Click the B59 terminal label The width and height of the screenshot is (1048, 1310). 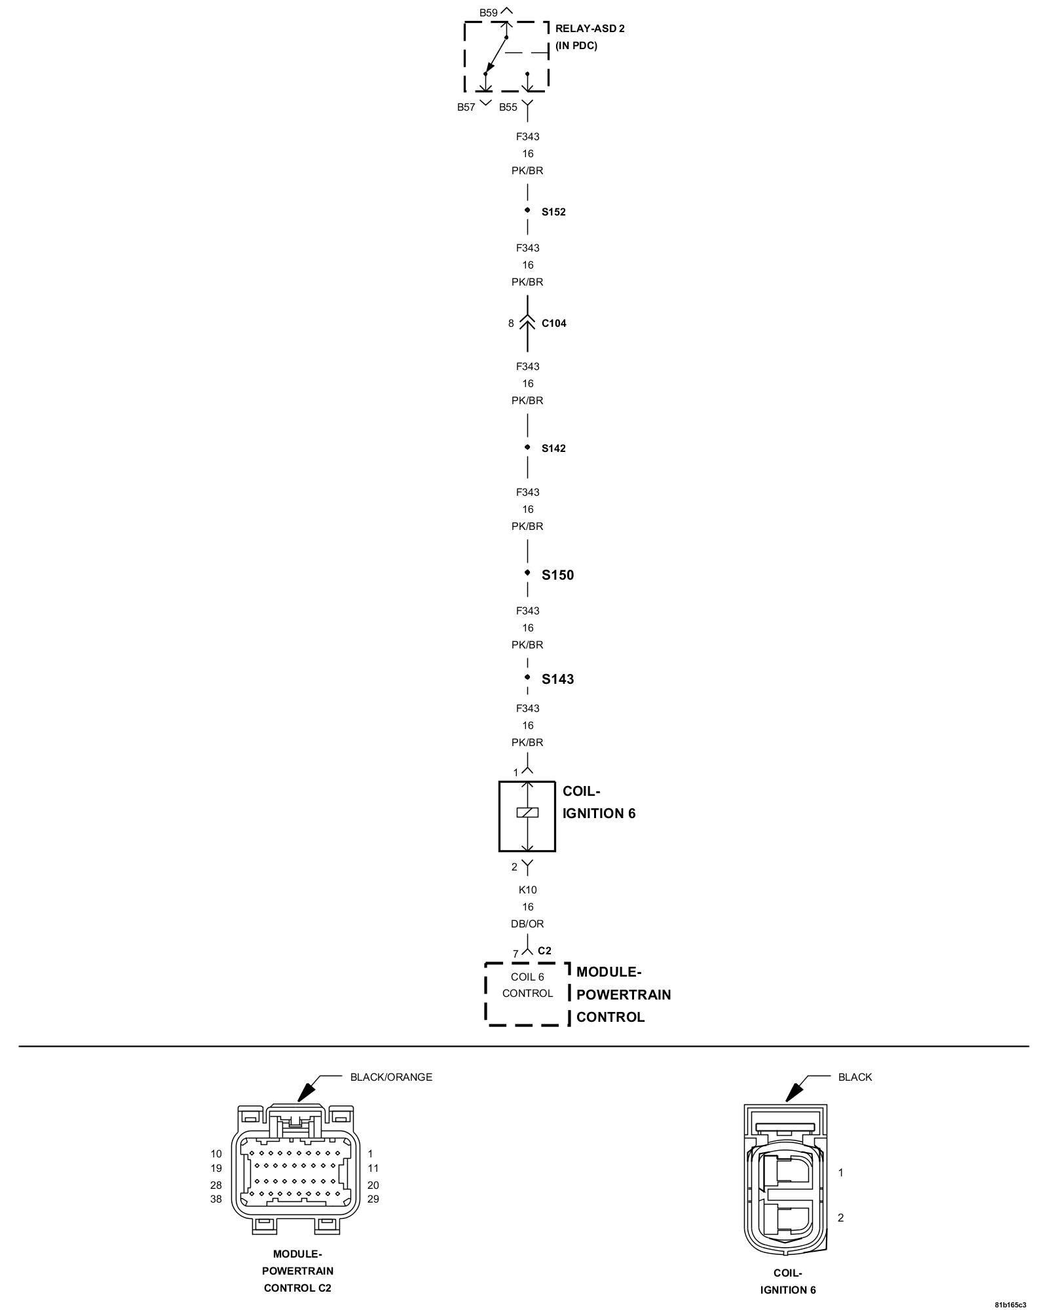(488, 12)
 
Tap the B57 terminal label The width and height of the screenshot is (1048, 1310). (466, 107)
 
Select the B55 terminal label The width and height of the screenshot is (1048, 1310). (508, 107)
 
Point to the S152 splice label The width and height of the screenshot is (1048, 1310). (553, 212)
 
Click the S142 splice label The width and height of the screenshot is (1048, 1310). (553, 449)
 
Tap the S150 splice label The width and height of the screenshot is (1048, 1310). (557, 575)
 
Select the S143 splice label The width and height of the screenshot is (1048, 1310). (557, 679)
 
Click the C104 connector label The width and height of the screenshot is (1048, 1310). (553, 324)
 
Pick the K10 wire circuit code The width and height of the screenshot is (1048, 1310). (527, 889)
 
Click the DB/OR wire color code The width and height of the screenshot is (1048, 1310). (527, 924)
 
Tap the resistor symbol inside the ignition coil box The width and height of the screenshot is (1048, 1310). (527, 812)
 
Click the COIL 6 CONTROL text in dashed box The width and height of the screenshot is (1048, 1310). (527, 985)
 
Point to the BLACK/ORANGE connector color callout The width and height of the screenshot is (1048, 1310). (391, 1077)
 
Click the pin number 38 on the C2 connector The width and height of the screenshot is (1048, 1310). (216, 1199)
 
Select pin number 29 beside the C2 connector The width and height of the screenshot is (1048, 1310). (373, 1199)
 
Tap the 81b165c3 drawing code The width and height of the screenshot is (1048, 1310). (1010, 1304)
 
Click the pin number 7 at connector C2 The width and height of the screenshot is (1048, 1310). (515, 954)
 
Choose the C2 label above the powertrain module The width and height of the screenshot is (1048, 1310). (544, 950)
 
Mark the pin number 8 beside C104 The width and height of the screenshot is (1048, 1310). (511, 324)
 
